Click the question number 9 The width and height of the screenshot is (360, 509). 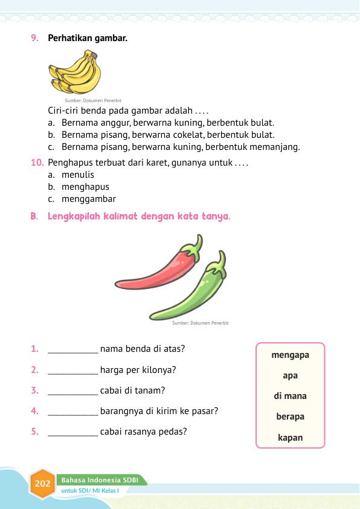[35, 38]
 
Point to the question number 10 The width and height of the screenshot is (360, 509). [37, 163]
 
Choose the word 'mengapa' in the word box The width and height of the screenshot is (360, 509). [291, 355]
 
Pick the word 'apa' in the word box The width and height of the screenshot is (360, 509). [291, 375]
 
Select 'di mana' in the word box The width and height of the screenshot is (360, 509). [291, 396]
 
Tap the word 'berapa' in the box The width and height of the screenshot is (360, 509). [291, 417]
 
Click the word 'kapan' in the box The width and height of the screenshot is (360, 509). [291, 437]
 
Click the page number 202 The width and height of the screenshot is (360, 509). [43, 484]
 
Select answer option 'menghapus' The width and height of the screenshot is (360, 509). [85, 187]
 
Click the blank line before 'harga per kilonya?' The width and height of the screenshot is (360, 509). [72, 371]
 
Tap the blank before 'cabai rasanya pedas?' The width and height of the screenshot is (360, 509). [72, 432]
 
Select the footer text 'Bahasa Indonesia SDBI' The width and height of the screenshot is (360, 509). [100, 480]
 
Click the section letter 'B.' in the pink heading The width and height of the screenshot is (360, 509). [35, 216]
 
